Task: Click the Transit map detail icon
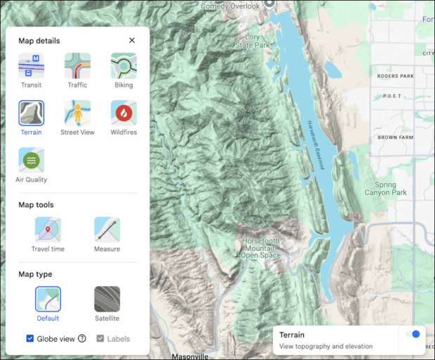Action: click(x=31, y=66)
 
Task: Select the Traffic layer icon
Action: click(x=77, y=66)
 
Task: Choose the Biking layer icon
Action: click(x=123, y=66)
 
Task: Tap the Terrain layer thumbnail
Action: click(x=31, y=113)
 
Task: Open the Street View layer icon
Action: click(x=77, y=113)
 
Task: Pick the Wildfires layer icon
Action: click(x=123, y=113)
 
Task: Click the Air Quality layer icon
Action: click(x=31, y=160)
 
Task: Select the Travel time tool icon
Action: click(x=48, y=229)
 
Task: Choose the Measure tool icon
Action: click(x=107, y=229)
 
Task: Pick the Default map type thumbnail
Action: click(x=48, y=299)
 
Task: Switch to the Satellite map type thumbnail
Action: click(x=107, y=299)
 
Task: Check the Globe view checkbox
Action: click(x=30, y=339)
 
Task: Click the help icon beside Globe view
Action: click(x=82, y=339)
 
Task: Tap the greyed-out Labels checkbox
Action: click(x=100, y=339)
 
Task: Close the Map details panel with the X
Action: click(x=132, y=41)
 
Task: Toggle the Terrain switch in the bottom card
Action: click(x=413, y=335)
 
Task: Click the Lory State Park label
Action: click(x=253, y=41)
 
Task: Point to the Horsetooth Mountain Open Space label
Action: click(x=260, y=248)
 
